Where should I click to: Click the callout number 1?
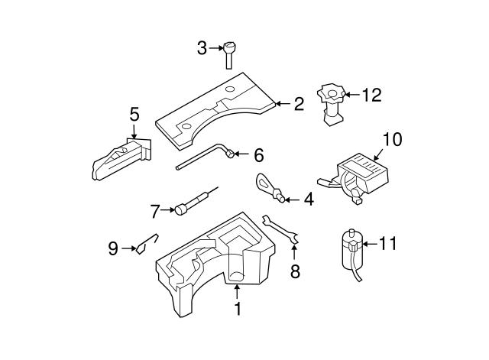click(237, 309)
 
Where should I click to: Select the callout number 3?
click(202, 48)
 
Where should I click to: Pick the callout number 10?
click(391, 139)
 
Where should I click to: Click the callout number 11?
click(388, 244)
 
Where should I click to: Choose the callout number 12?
click(371, 96)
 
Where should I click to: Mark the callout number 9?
click(113, 248)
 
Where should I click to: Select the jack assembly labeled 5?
click(118, 158)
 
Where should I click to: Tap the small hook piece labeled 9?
click(146, 244)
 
